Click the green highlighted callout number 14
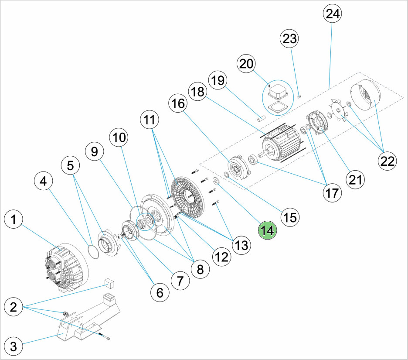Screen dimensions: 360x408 (x=268, y=230)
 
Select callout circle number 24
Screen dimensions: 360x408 (x=333, y=14)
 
